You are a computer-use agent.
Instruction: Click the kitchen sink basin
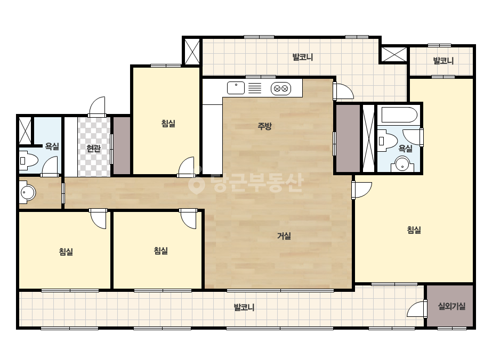[236, 88]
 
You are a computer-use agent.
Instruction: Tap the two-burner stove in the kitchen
[281, 89]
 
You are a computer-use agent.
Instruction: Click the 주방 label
[264, 126]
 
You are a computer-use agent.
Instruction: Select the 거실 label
[284, 236]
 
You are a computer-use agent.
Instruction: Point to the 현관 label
[93, 148]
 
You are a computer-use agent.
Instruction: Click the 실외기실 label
[451, 306]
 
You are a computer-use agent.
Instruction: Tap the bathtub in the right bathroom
[399, 115]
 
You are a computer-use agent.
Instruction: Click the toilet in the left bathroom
[28, 160]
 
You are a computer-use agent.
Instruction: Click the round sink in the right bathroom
[402, 163]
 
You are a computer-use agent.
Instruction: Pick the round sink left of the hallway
[27, 192]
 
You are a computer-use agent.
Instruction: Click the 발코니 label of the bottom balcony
[244, 307]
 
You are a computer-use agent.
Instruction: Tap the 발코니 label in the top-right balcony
[443, 61]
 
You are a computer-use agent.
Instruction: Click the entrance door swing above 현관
[97, 107]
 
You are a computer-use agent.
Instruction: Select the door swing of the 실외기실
[416, 309]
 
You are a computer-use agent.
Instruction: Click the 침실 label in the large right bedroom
[414, 230]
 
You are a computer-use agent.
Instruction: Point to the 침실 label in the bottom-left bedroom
[66, 251]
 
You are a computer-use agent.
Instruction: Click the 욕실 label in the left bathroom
[52, 146]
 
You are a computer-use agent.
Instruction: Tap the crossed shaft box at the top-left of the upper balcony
[192, 52]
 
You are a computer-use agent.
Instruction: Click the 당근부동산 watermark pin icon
[196, 183]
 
